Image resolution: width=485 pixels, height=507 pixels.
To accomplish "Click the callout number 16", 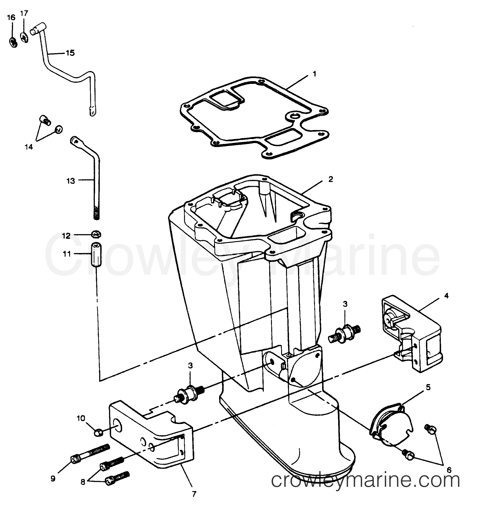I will tap(11, 17).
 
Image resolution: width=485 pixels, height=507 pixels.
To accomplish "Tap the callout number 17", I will tap(24, 13).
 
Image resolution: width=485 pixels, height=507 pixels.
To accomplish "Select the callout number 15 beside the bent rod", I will tap(70, 53).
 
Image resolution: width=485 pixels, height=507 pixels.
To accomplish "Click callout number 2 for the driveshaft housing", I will tap(331, 179).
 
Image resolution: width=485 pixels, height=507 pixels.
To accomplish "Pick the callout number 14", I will tap(29, 147).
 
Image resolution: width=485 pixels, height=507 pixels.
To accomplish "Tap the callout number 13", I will tap(71, 181).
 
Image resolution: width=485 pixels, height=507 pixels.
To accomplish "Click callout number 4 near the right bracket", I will tap(446, 296).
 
